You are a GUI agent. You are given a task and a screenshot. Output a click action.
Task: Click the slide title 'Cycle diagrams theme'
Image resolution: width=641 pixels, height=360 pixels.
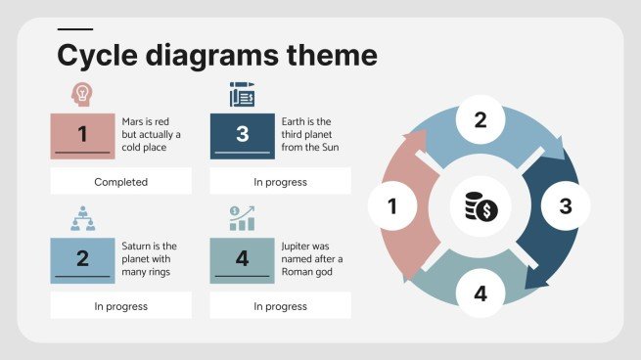point(216,54)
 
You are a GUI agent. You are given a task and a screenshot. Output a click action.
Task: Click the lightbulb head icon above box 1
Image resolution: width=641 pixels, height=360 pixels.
point(82,95)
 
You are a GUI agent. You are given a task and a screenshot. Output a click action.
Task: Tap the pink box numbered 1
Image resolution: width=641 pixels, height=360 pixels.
point(82,136)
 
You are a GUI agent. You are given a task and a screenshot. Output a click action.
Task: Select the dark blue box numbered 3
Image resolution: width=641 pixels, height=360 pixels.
point(242,136)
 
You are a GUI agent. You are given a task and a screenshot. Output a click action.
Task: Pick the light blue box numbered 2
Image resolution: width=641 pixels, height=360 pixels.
point(82,260)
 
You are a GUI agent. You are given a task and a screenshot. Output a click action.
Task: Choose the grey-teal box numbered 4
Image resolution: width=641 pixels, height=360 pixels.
point(242,260)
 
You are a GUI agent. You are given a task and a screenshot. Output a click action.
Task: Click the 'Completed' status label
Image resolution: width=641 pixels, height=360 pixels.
point(120,182)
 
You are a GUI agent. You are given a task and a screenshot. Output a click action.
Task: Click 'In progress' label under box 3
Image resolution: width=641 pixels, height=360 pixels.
point(280,182)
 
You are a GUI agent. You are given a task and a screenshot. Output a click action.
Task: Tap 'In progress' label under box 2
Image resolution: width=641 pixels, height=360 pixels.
point(120,306)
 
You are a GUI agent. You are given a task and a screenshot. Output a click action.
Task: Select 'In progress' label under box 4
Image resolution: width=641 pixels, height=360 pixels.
point(280,306)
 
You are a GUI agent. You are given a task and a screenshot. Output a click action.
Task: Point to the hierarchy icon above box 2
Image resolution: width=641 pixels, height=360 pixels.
point(82,218)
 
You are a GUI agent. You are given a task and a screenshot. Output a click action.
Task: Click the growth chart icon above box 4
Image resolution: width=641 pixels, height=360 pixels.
point(242,218)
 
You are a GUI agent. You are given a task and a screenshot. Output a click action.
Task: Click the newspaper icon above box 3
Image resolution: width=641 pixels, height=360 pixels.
point(242,95)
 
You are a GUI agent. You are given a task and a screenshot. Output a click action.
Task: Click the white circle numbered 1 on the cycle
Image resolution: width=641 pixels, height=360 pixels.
point(392,206)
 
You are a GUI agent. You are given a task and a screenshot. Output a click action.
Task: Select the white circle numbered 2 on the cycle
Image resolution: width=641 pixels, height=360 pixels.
point(481,120)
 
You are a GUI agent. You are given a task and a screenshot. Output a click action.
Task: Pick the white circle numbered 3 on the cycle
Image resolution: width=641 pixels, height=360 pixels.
point(565,206)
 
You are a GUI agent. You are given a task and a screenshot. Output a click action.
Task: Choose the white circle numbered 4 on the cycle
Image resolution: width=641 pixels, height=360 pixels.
point(481,293)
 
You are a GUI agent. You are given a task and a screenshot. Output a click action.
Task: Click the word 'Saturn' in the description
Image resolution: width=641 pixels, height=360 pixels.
point(137,246)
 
